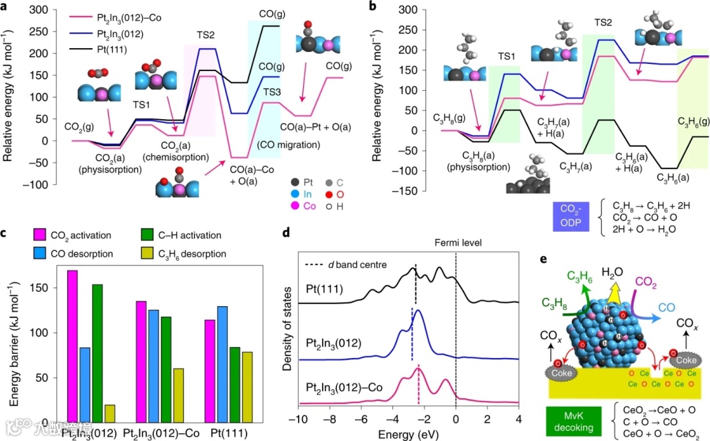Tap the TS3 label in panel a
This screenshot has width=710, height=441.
272,91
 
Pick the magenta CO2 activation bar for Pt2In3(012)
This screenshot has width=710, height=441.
72,346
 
